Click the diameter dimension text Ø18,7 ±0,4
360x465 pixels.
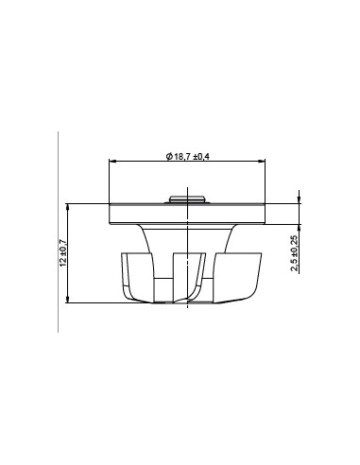click(188, 156)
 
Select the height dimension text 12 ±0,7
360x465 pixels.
click(63, 253)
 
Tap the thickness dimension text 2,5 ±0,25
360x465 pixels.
click(295, 253)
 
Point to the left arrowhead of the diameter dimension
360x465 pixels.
click(112, 162)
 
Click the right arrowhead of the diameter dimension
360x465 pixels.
click(262, 162)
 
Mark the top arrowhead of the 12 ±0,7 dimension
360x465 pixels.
click(68, 207)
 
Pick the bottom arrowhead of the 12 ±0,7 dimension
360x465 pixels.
click(68, 300)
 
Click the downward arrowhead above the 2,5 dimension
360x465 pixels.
click(299, 199)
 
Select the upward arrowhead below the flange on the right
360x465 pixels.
click(299, 228)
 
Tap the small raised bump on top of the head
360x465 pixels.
click(187, 199)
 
